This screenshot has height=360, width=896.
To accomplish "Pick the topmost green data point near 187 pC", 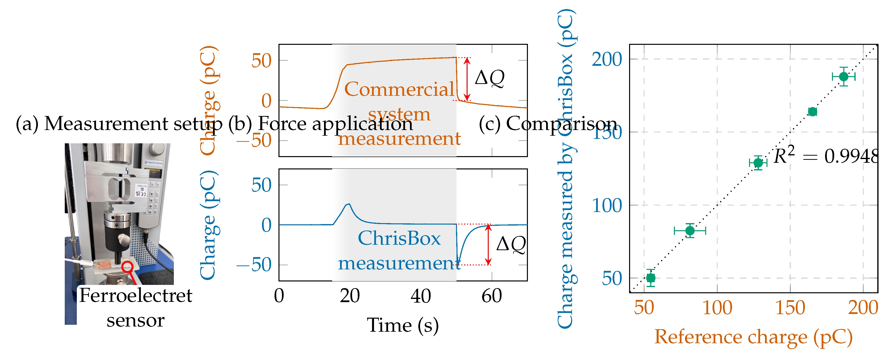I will [x=844, y=76].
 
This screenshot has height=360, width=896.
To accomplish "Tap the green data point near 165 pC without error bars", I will [x=813, y=112].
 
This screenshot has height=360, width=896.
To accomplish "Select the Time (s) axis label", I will [x=403, y=326].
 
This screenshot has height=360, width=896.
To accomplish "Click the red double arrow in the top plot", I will [x=467, y=79].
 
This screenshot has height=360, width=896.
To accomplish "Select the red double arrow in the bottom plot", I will [x=488, y=245].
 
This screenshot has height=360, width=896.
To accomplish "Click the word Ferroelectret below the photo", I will [x=136, y=296].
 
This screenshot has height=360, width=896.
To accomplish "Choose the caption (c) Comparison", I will [x=548, y=123].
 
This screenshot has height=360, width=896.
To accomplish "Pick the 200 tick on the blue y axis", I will [x=607, y=60].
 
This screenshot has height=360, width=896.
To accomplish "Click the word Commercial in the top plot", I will [x=399, y=89].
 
